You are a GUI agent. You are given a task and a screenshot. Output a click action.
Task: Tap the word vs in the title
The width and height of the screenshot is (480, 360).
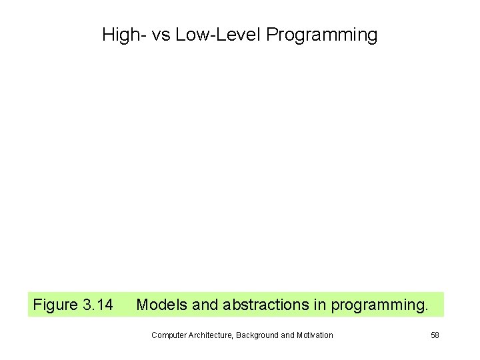coord(161,35)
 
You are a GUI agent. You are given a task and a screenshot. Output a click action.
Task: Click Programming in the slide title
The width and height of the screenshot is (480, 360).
coord(321,35)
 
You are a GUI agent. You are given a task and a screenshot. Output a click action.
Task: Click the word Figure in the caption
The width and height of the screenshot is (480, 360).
coord(55,305)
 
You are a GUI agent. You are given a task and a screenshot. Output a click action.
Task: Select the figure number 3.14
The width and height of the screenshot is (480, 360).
coord(97,305)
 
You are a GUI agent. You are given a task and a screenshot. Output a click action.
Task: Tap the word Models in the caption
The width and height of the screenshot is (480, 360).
coord(161,305)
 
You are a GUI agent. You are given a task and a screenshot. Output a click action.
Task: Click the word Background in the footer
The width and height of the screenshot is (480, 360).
coord(257,335)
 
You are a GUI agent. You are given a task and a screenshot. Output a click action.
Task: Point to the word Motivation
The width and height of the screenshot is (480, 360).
coord(314,335)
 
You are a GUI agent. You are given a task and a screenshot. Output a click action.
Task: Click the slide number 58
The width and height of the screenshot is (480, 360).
coord(435,335)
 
